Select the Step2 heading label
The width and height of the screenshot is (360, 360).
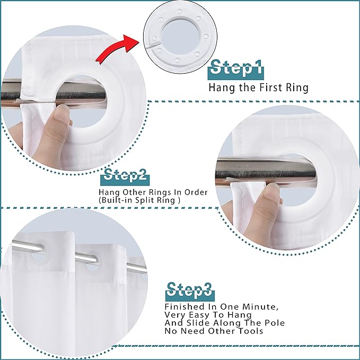(x=126, y=175)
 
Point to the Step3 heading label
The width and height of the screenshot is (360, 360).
(x=189, y=289)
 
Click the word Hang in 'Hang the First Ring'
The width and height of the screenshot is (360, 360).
(x=219, y=87)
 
